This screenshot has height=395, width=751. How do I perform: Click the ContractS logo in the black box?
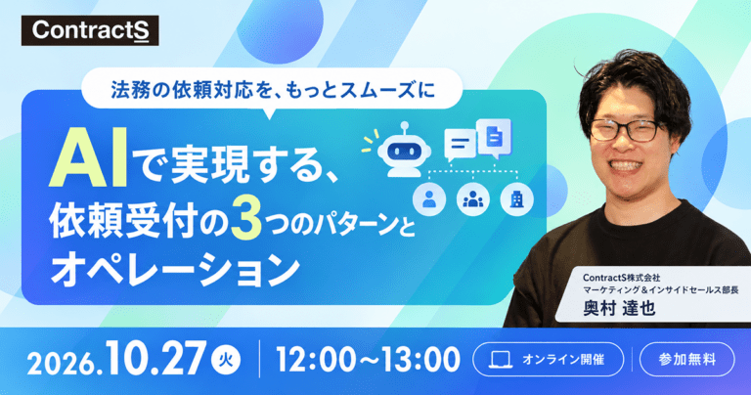pyautogui.click(x=90, y=30)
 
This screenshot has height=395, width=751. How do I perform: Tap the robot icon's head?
pyautogui.click(x=404, y=151)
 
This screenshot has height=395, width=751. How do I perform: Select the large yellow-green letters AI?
pyautogui.click(x=89, y=158)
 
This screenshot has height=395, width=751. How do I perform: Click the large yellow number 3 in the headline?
pyautogui.click(x=245, y=220)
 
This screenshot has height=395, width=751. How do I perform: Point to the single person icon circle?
pyautogui.click(x=429, y=199)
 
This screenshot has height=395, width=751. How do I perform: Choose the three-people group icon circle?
pyautogui.click(x=473, y=199)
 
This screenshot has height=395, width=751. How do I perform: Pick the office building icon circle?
pyautogui.click(x=516, y=199)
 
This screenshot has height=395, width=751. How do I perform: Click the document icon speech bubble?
pyautogui.click(x=494, y=138)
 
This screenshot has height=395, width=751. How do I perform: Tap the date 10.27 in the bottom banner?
pyautogui.click(x=156, y=358)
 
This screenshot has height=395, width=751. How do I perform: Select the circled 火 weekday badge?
pyautogui.click(x=226, y=360)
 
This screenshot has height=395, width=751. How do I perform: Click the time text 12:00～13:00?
pyautogui.click(x=368, y=360)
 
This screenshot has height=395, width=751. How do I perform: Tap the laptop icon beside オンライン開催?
pyautogui.click(x=501, y=360)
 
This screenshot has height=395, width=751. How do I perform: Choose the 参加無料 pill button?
pyautogui.click(x=686, y=359)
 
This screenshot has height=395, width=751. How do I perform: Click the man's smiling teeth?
pyautogui.click(x=626, y=165)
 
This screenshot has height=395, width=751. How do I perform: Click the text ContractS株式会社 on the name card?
pyautogui.click(x=621, y=278)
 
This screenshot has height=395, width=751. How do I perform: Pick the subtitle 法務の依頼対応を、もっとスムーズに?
pyautogui.click(x=273, y=90)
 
